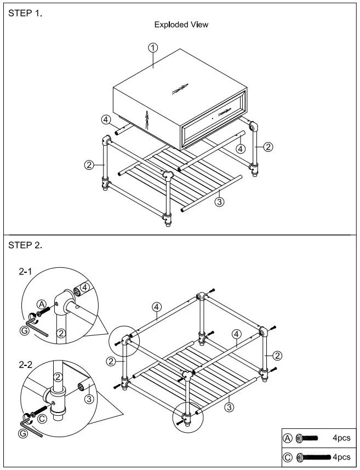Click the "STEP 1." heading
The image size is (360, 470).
pos(25,13)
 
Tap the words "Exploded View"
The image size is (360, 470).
pos(181,25)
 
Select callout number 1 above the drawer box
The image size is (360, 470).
pos(153,48)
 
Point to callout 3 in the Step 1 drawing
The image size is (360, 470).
pos(219,201)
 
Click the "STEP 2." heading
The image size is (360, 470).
pos(25,245)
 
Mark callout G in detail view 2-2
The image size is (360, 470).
pos(22,433)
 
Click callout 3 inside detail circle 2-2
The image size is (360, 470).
pos(89,399)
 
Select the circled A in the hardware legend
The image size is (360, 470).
pos(288,438)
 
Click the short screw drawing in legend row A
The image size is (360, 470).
pos(307,438)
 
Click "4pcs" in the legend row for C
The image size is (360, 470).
pos(341,457)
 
